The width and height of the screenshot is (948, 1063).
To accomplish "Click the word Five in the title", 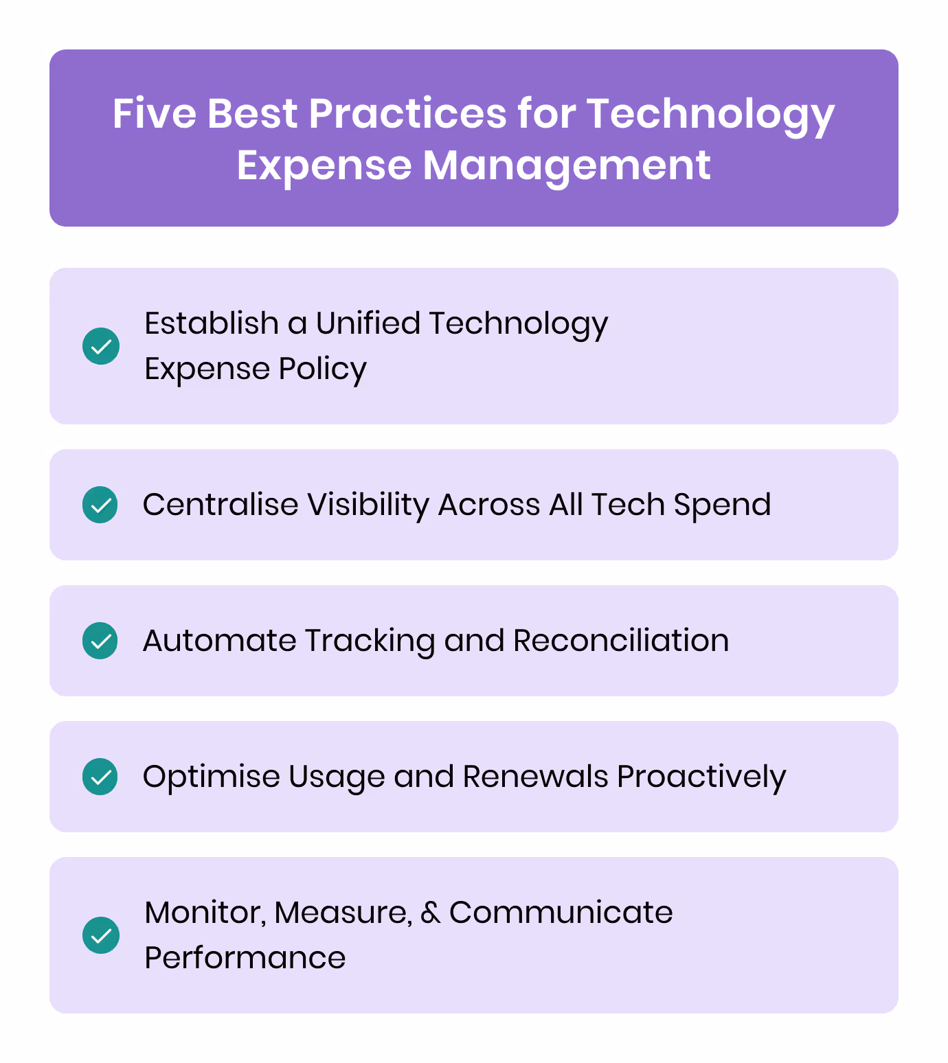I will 154,113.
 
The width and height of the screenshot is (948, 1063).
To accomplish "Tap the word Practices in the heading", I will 407,113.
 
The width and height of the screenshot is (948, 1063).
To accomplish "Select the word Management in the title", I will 566,165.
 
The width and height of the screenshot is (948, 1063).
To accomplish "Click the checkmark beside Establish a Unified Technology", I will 101,346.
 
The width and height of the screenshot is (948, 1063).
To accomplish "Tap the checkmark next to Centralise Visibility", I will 101,505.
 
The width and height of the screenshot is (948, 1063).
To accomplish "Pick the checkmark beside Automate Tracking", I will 101,641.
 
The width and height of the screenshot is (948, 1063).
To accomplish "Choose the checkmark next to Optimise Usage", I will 101,777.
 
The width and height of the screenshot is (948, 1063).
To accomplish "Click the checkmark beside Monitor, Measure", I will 101,935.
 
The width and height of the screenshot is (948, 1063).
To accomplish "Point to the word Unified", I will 368,323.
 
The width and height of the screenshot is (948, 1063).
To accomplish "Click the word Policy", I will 322,369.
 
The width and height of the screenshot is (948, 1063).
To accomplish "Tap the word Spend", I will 722,505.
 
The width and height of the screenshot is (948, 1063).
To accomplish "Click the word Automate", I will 219,641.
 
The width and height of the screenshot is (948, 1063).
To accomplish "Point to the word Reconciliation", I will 620,641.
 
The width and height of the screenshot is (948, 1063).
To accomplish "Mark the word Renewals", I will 535,777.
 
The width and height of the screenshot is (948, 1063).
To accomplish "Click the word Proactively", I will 701,777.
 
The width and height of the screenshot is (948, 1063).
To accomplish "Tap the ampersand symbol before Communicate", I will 430,913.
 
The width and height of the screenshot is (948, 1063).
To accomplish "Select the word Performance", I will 245,958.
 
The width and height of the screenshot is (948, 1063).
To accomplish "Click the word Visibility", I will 368,505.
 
